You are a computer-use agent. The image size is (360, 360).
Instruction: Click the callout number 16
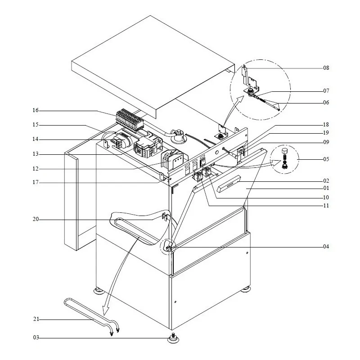(x=36, y=110)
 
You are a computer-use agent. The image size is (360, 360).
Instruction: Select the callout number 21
(x=36, y=319)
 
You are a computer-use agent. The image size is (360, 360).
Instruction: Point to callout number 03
(x=36, y=337)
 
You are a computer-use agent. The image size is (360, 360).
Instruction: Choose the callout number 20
(x=36, y=220)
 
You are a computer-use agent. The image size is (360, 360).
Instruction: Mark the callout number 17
(x=36, y=182)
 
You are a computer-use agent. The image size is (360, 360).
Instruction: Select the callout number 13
(x=36, y=154)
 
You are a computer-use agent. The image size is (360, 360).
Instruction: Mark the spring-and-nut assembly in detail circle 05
(x=284, y=160)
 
